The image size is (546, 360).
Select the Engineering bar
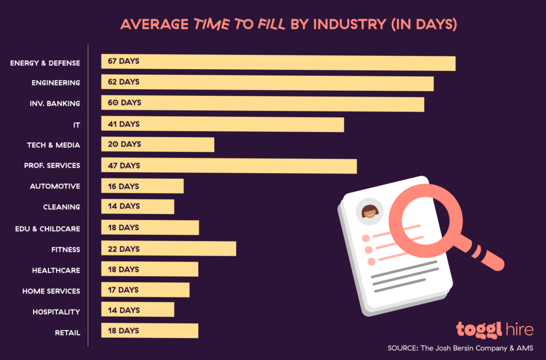267,83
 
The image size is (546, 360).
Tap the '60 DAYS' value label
121,102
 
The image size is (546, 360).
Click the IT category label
76,124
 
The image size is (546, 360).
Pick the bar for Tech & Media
158,145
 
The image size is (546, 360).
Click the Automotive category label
55,186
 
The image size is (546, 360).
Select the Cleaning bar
138,206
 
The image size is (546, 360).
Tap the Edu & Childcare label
47,229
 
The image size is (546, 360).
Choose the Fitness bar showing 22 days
168,249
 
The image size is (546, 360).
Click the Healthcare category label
56,270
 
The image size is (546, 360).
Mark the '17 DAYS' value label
121,290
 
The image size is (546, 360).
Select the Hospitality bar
138,310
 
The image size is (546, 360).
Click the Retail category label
67,333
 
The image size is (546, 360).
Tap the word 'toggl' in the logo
479,329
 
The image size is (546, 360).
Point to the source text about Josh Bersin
461,348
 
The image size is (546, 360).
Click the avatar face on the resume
370,212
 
